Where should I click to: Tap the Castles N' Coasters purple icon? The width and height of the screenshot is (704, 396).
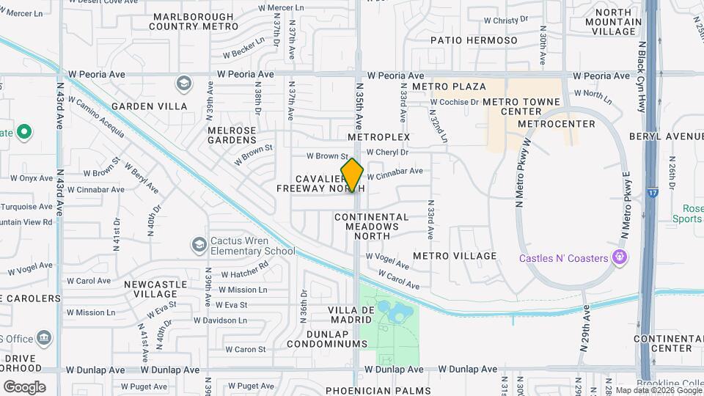point(620,257)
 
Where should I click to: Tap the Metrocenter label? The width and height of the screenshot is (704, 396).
point(547,124)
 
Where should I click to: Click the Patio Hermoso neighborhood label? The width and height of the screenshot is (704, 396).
point(473,40)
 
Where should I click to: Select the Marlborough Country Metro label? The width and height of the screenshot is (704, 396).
point(194,21)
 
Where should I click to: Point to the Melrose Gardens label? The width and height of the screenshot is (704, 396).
point(221,135)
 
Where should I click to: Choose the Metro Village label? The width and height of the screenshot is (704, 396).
point(455,256)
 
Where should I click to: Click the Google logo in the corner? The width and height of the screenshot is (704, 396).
point(24,386)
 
